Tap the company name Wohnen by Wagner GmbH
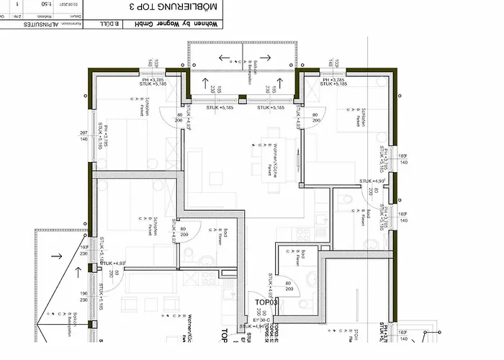click(x=156, y=24)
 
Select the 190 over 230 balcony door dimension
click(x=84, y=297)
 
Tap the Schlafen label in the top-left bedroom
click(x=145, y=104)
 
